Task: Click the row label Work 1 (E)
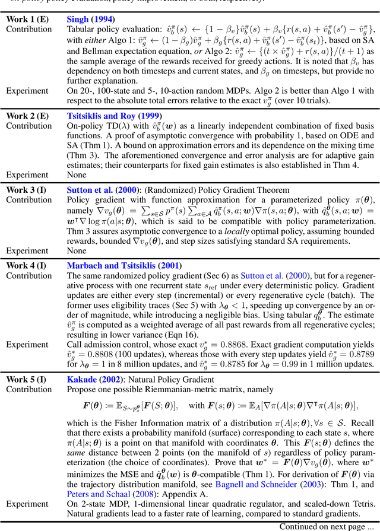(27, 19)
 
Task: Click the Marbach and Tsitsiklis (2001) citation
(125, 265)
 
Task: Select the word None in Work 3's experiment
(77, 250)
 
